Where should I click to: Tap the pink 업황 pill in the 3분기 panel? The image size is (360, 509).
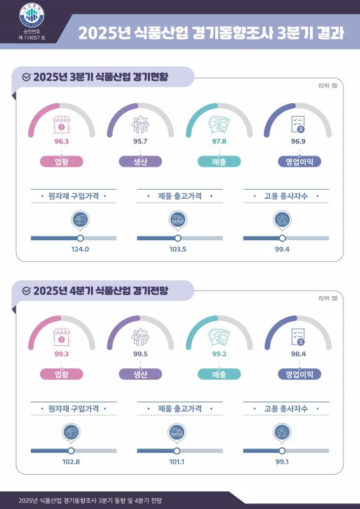[61, 162]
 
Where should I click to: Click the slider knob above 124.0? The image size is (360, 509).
[80, 238]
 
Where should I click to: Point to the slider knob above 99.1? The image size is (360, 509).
[282, 450]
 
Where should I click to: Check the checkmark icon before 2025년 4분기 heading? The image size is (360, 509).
[26, 290]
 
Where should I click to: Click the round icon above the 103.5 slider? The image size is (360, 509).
[178, 220]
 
